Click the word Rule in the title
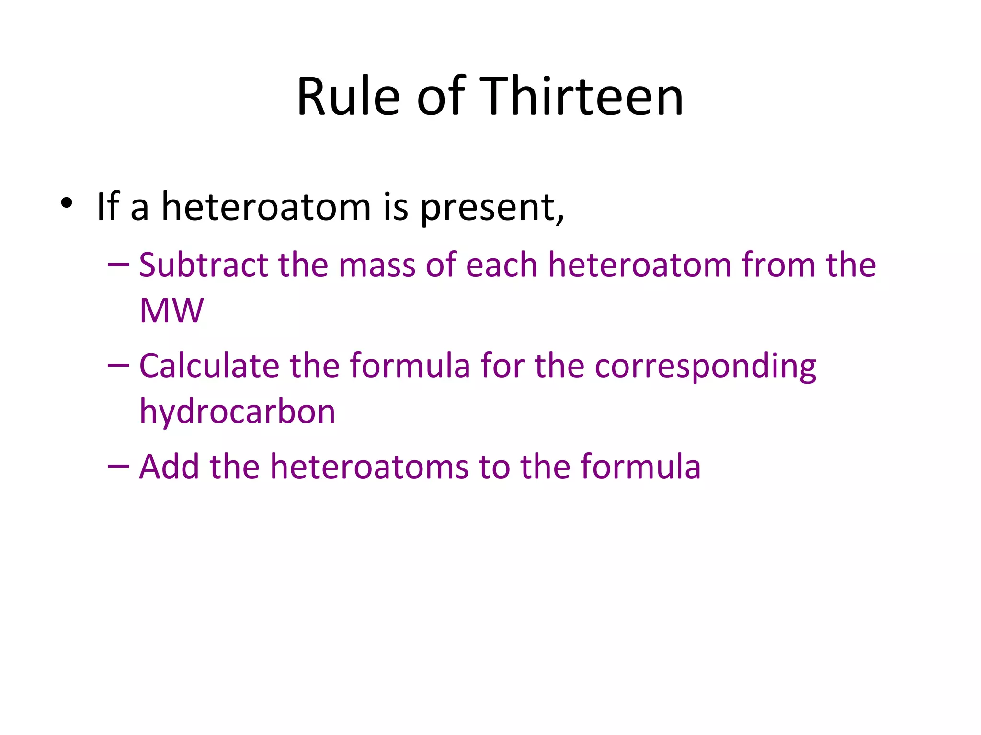(x=348, y=97)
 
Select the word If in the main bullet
(x=107, y=207)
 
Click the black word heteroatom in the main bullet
(x=266, y=207)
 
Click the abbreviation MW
(x=171, y=311)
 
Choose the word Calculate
(x=209, y=366)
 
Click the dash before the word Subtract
(x=118, y=265)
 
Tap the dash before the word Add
(x=118, y=467)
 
